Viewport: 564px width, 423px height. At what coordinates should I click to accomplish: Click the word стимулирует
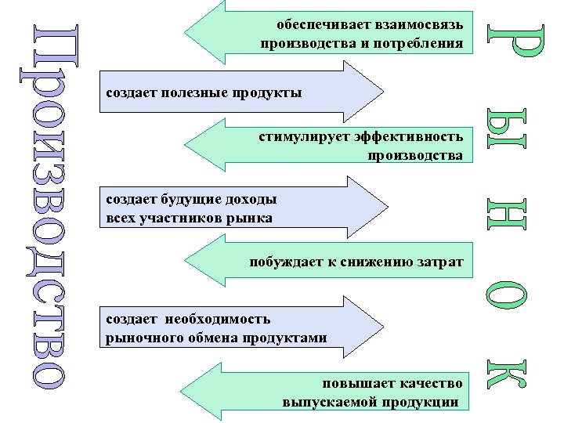click(302, 137)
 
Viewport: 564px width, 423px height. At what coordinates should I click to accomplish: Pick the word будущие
click(193, 199)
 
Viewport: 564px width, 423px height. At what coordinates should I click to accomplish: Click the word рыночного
click(139, 338)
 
